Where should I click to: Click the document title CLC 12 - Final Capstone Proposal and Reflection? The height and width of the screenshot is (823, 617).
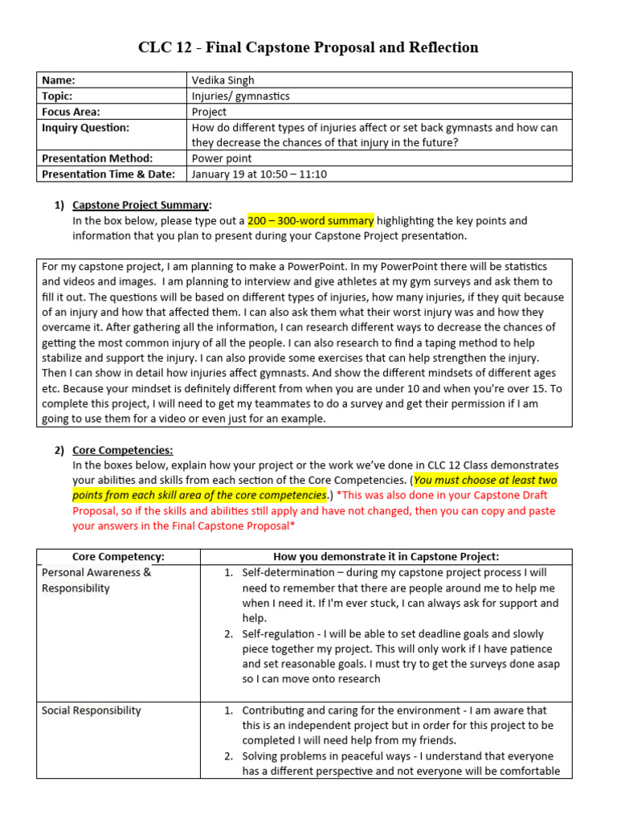pyautogui.click(x=308, y=47)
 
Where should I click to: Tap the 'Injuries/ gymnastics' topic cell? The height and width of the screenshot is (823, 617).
pyautogui.click(x=240, y=96)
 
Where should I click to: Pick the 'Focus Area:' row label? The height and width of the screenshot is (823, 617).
pyautogui.click(x=72, y=112)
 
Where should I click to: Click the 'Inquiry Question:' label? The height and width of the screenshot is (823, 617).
pyautogui.click(x=85, y=128)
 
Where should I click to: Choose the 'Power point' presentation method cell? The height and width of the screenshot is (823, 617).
pyautogui.click(x=221, y=158)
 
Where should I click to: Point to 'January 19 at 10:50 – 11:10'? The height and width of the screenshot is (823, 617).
pyautogui.click(x=259, y=174)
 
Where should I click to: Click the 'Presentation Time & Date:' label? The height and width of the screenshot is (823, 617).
pyautogui.click(x=109, y=174)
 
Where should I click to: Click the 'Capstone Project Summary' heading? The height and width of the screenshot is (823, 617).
pyautogui.click(x=141, y=205)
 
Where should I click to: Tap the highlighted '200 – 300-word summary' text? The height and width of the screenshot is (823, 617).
pyautogui.click(x=310, y=220)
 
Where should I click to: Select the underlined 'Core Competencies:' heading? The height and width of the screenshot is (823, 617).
pyautogui.click(x=122, y=450)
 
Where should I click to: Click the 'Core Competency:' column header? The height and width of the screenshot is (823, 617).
pyautogui.click(x=118, y=557)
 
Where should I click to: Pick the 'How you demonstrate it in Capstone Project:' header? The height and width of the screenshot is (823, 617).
pyautogui.click(x=386, y=557)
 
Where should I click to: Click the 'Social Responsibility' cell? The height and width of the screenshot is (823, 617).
pyautogui.click(x=91, y=710)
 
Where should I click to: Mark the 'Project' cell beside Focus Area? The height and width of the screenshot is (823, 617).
pyautogui.click(x=209, y=112)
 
